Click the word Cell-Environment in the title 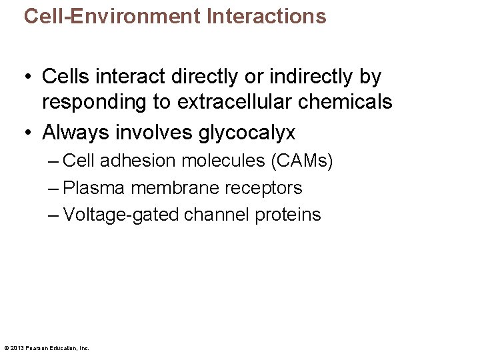[x=112, y=16]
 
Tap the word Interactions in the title [x=267, y=16]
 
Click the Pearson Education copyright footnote [x=47, y=347]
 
